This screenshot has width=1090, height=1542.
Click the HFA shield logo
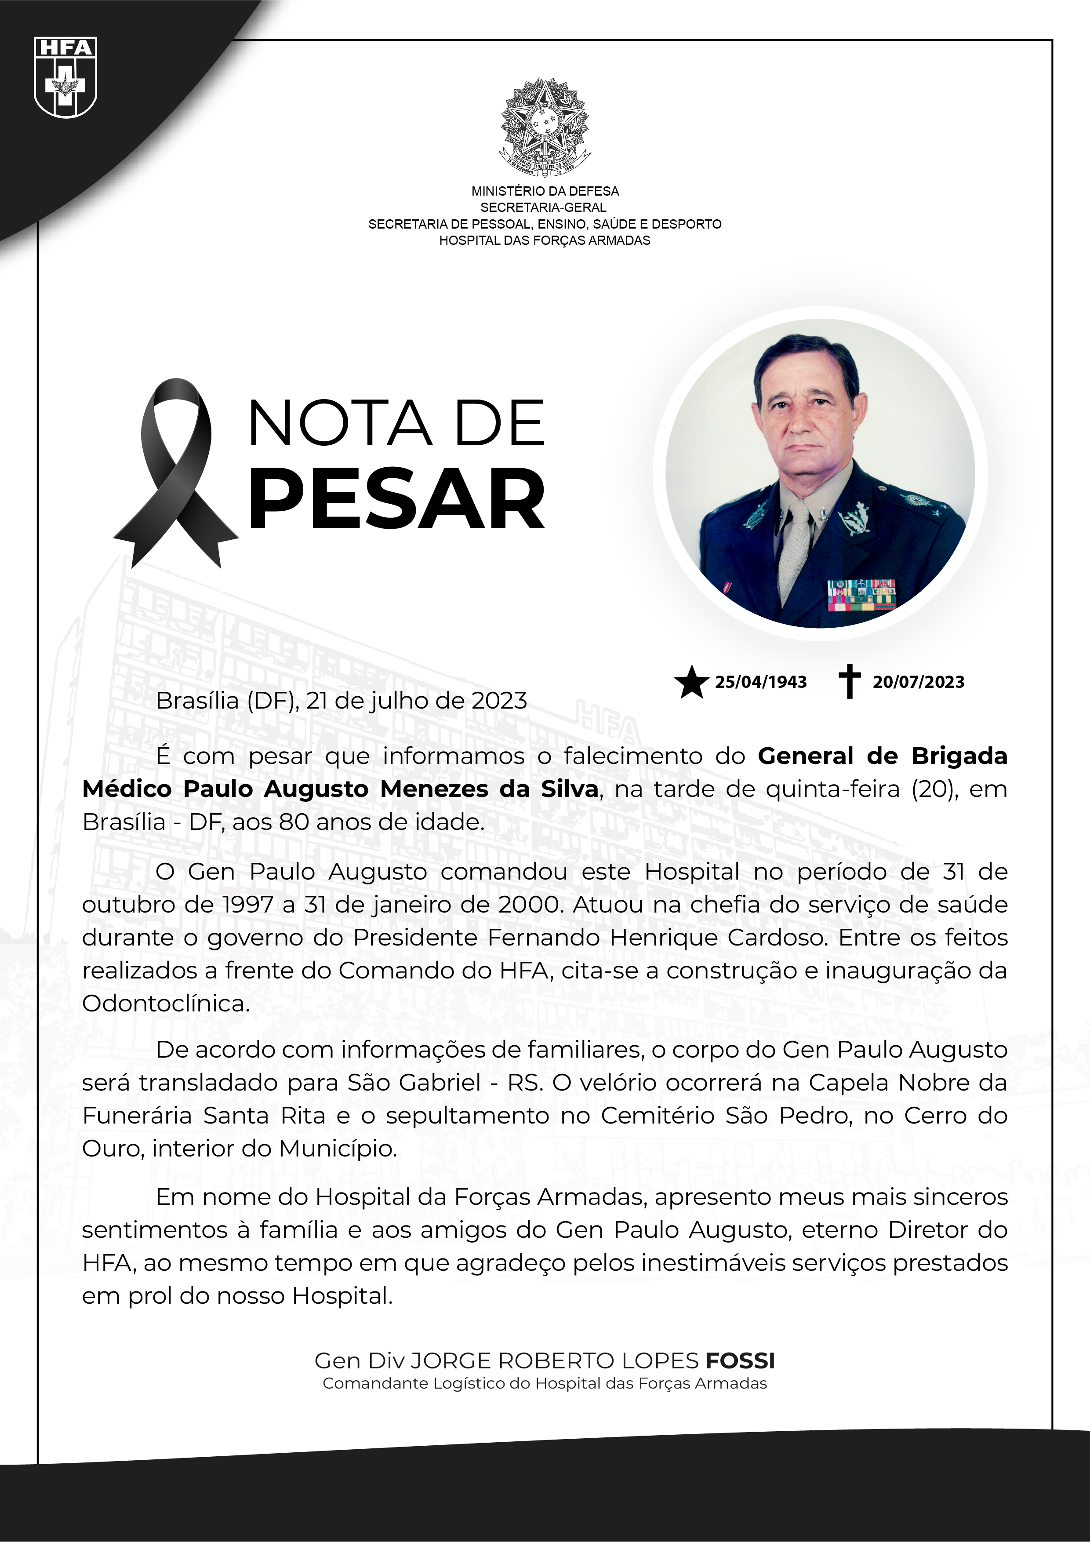point(65,77)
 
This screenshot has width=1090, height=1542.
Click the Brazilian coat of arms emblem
point(544,126)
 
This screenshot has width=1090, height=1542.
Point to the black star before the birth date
point(691,682)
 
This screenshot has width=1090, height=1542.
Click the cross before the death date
point(850,681)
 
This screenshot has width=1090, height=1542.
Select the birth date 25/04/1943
point(760,682)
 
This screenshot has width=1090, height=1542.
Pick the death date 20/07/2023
point(918,682)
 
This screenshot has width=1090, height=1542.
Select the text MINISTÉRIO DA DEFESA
point(545,191)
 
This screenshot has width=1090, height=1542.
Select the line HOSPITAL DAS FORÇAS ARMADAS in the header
point(545,240)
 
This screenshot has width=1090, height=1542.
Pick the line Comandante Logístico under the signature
point(545,1383)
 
